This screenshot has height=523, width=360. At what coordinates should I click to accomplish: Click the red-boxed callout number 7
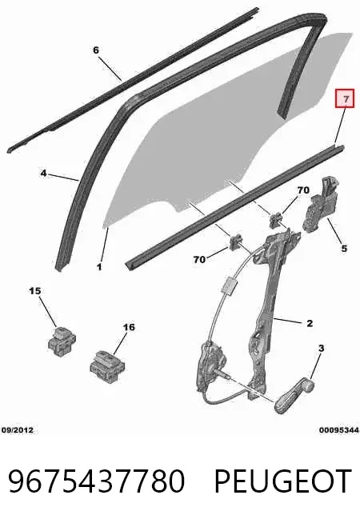(345, 99)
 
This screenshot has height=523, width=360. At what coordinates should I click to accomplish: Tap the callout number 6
(96, 50)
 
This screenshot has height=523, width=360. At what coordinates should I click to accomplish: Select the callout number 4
(43, 174)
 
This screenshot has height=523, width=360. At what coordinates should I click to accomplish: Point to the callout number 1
(99, 267)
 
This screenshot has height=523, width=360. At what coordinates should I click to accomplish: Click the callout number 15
(34, 291)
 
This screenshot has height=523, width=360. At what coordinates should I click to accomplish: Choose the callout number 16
(129, 327)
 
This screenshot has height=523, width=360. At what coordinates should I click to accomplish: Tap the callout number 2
(310, 323)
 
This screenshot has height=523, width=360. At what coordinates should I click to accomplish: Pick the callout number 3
(321, 348)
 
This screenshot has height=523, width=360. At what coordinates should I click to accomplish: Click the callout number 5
(344, 249)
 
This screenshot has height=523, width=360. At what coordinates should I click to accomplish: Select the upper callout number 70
(303, 190)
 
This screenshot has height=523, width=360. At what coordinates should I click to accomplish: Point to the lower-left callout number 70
(199, 259)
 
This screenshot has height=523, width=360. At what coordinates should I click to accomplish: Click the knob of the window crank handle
(310, 385)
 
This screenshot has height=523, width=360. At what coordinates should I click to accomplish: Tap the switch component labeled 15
(62, 341)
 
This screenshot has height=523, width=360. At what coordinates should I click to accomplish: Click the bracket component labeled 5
(320, 205)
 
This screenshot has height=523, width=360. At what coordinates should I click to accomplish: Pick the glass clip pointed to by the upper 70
(275, 221)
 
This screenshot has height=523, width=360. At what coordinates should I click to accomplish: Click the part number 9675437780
(97, 481)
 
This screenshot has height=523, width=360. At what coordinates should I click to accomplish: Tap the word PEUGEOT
(283, 481)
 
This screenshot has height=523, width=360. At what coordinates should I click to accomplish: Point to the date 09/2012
(18, 430)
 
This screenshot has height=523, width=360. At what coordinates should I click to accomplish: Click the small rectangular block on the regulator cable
(230, 285)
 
